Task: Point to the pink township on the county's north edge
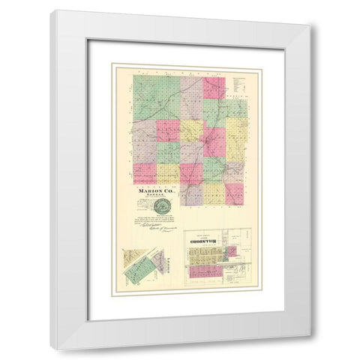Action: pyautogui.click(x=214, y=87)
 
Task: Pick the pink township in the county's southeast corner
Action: pyautogui.click(x=235, y=193)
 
